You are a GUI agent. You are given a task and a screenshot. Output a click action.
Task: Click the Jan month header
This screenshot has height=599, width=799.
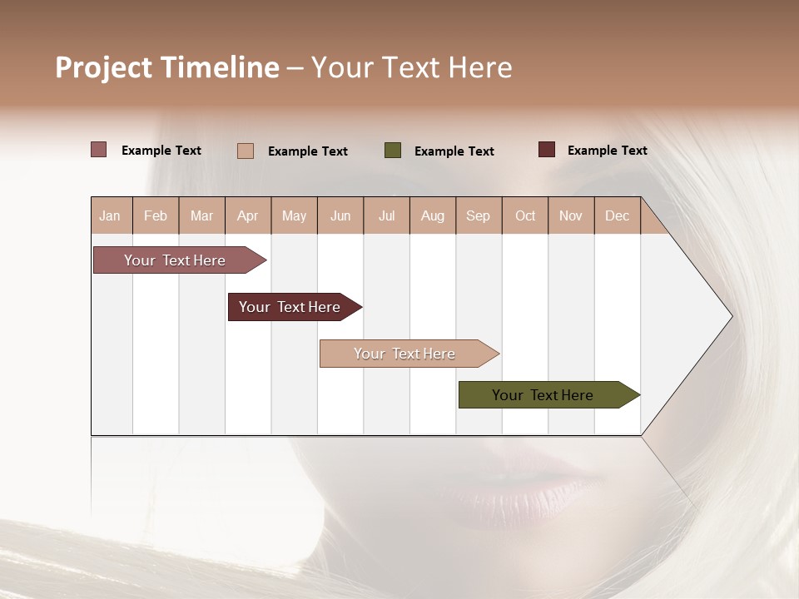point(110,215)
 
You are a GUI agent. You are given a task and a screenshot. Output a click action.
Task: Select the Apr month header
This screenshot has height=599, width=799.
point(247,215)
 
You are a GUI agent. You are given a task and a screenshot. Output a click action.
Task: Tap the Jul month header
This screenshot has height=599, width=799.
point(386,215)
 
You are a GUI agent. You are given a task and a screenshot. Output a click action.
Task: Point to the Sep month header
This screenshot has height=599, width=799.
point(478,215)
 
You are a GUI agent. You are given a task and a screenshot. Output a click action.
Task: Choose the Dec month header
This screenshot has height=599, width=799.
point(617,215)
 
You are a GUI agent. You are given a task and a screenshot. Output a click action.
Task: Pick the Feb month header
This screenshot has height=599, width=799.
point(156,215)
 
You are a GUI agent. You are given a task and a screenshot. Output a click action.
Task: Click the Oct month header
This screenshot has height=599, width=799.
point(525,215)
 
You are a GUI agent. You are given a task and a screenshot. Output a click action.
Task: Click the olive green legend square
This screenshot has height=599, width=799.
point(393,151)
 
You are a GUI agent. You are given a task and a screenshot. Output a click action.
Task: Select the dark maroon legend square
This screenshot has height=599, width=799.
point(547,150)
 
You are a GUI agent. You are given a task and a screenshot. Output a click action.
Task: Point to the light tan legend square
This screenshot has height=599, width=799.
point(246,151)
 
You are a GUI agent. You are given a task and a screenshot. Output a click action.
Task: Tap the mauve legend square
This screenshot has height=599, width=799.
point(99,150)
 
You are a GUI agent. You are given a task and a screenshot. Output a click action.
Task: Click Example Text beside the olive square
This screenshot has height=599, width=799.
point(454,151)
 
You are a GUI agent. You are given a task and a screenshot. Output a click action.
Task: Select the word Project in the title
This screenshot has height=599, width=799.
point(104,67)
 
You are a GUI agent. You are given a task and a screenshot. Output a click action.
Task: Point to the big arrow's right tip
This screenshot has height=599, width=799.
point(731,316)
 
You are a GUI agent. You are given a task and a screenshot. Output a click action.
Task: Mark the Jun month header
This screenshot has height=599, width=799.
point(340,215)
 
